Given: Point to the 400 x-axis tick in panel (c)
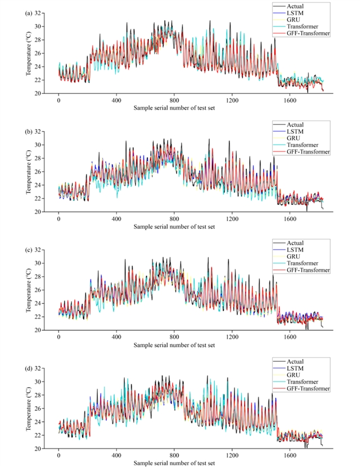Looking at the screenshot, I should tap(116, 338).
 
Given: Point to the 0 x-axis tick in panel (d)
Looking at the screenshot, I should tap(58, 457).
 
